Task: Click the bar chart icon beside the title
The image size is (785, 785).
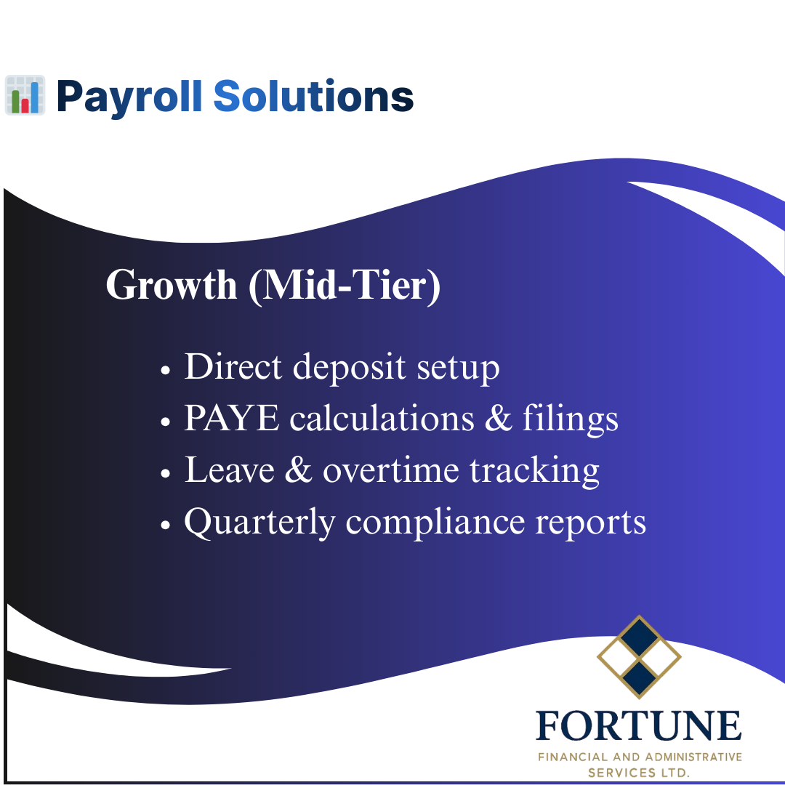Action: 25,95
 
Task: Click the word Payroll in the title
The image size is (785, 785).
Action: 129,97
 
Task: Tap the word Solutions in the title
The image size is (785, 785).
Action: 313,97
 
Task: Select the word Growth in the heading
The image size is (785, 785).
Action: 172,285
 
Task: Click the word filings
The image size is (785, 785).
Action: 571,420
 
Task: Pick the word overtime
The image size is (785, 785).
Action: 390,470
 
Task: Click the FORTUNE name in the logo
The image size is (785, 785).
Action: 639,726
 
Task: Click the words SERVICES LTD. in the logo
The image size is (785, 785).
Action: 639,773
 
